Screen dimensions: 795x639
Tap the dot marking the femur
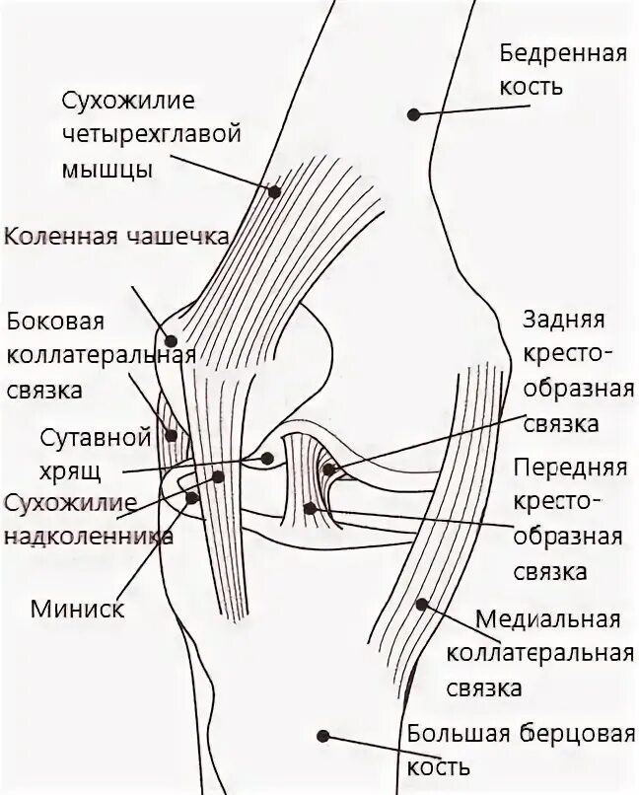point(415,114)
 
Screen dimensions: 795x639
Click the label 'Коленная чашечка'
point(116,237)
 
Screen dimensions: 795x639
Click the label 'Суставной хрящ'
point(94,451)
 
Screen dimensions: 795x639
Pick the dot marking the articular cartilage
point(267,458)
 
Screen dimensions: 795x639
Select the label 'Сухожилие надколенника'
point(89,520)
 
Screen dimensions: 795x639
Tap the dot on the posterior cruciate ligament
point(329,469)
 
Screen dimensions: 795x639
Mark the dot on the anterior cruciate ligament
point(311,509)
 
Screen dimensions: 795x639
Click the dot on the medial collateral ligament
point(423,604)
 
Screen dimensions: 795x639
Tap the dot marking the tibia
point(323,734)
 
